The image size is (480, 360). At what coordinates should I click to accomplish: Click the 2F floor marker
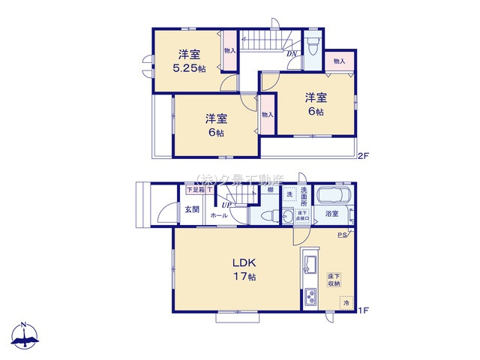(x=364, y=156)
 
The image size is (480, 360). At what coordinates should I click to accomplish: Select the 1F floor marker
(x=364, y=310)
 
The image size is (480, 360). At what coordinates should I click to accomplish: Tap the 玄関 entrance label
(x=193, y=210)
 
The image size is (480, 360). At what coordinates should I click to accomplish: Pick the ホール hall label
(x=219, y=215)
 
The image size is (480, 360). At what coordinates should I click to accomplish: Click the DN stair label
(x=290, y=53)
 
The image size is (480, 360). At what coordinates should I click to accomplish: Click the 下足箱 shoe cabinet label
(x=194, y=190)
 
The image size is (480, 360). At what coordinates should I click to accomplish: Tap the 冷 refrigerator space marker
(x=346, y=303)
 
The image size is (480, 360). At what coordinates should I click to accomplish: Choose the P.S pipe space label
(x=342, y=235)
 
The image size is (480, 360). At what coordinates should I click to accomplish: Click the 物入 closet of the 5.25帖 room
(x=229, y=51)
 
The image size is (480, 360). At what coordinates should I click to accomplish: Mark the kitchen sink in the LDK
(x=309, y=262)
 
